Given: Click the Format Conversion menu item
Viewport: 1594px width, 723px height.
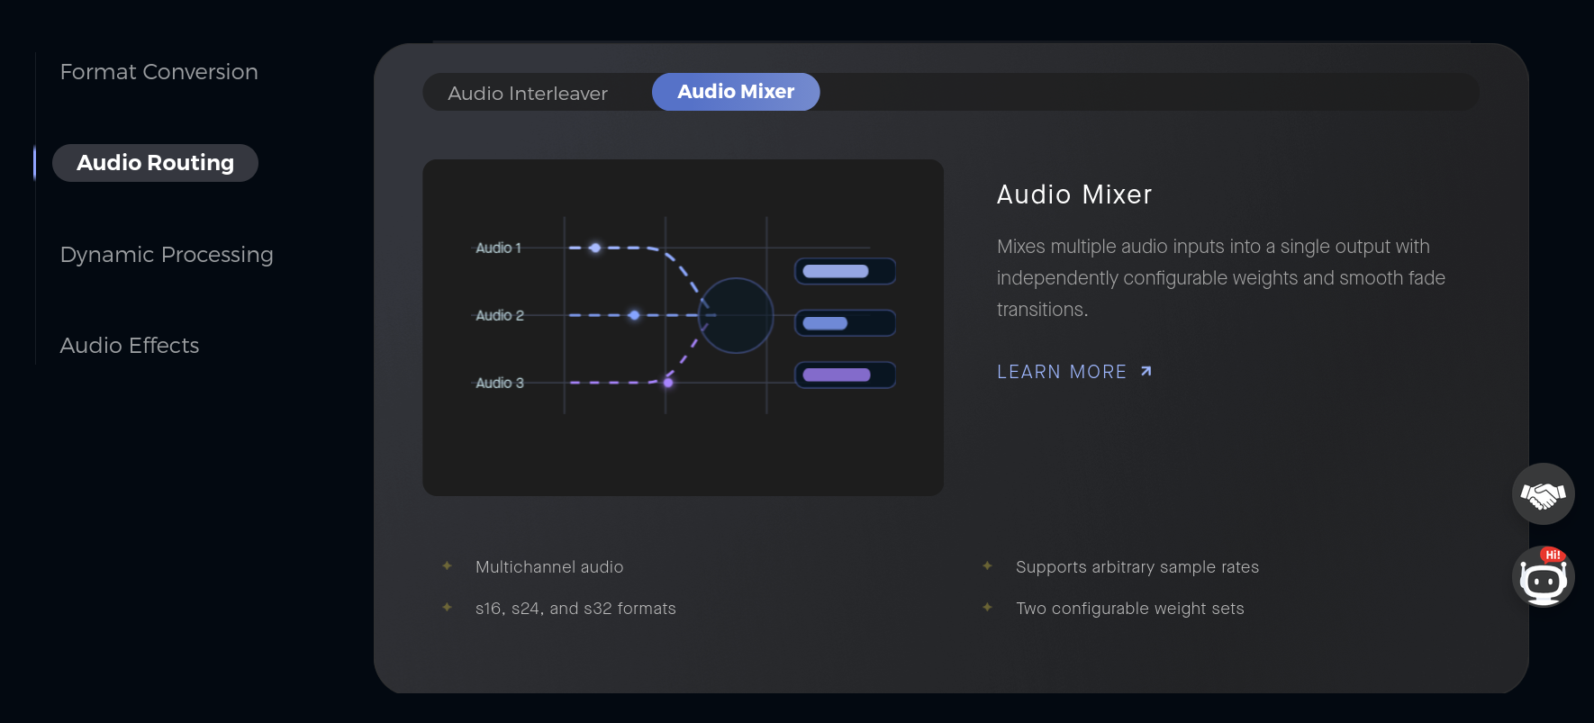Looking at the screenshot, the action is (x=158, y=72).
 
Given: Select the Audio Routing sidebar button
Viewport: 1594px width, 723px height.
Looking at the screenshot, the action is (x=155, y=163).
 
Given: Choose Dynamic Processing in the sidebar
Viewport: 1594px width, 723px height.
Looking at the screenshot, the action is (x=167, y=255).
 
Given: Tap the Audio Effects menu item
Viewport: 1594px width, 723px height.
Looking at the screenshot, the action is (x=130, y=346).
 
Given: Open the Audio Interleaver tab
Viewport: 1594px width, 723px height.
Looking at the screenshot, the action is (x=528, y=94).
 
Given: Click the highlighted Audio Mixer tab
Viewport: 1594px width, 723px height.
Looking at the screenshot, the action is (x=736, y=92).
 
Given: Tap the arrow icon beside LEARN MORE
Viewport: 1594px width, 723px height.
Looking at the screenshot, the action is (x=1146, y=371).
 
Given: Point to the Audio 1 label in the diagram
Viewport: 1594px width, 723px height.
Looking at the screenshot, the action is (x=498, y=248).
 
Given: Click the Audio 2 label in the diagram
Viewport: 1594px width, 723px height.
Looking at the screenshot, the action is (x=500, y=315).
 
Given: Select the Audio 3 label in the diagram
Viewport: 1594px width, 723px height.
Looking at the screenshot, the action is (x=500, y=383).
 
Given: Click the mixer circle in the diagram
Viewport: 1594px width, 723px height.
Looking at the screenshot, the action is (x=736, y=278).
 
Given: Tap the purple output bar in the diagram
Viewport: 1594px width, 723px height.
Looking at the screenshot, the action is (x=837, y=375).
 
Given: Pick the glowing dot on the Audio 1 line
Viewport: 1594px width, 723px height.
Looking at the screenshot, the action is (x=595, y=248).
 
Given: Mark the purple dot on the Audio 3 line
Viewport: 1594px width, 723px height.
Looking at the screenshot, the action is (x=668, y=383).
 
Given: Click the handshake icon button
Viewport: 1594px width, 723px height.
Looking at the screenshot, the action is (x=1544, y=493).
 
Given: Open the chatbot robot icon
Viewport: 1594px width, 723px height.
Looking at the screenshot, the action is (x=1544, y=577).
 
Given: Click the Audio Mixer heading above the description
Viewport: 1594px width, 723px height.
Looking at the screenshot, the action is (x=1074, y=194).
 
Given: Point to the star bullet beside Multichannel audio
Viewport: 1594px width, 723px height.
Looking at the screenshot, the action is (x=447, y=565).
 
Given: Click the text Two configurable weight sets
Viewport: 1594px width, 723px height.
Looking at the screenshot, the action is (x=1130, y=609).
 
